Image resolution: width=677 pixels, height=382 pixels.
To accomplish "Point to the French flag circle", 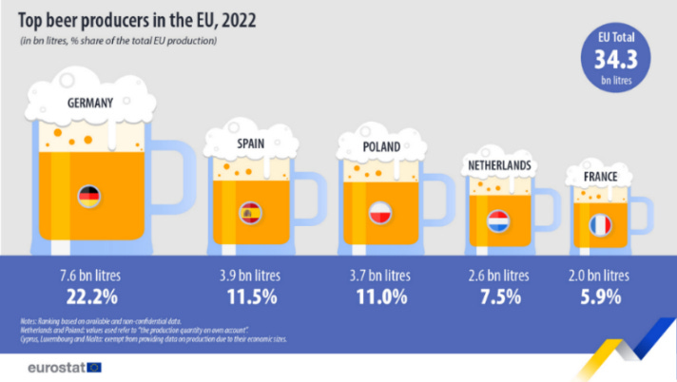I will point(600,226).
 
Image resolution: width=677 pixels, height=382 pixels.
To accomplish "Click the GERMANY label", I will point(89,103).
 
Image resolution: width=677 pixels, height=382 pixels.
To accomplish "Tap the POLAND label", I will point(382,147).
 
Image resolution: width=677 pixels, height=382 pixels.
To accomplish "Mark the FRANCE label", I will point(602,177).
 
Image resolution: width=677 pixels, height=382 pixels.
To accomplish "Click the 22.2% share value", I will point(88,296).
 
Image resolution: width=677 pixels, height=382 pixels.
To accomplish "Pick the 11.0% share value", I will point(381,296).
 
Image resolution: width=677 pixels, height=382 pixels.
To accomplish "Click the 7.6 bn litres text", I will point(88,276).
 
